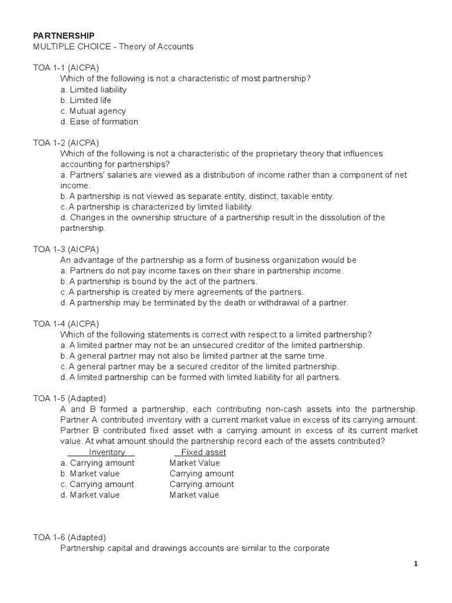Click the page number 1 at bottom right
coord(416,564)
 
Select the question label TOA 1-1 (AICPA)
coord(66,68)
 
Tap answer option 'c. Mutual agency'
coord(93,111)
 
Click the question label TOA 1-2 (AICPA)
coord(66,143)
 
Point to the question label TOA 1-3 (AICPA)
coord(66,250)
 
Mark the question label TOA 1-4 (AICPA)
coord(66,324)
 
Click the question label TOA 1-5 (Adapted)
coord(69,398)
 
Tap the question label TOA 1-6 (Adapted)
coord(69,537)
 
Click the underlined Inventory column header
coord(107,452)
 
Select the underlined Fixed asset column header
coord(203,452)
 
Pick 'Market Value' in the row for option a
coord(194,463)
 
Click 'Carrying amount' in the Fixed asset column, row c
coord(201,484)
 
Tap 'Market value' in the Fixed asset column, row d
coord(194,495)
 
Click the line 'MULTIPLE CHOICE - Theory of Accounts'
coord(112,47)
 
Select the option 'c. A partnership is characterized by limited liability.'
coord(157,207)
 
